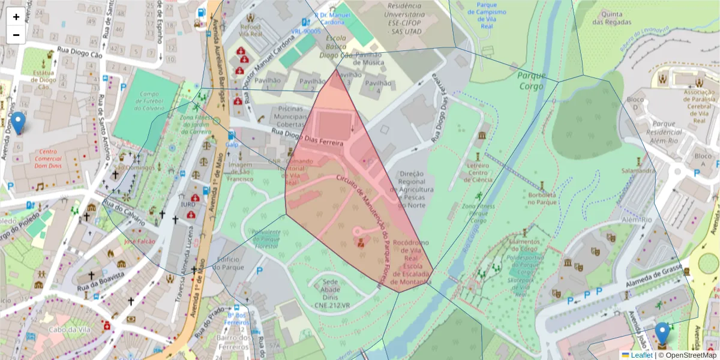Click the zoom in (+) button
tap(16, 17)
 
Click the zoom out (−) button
tap(16, 35)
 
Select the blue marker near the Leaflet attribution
tap(662, 334)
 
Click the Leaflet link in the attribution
tap(641, 355)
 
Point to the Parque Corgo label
tap(531, 81)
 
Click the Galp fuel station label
tap(232, 144)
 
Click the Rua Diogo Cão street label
tap(80, 53)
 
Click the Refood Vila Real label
tap(251, 30)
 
